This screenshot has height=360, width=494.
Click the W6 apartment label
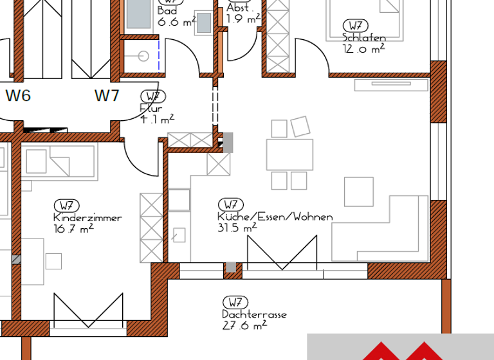coord(18,96)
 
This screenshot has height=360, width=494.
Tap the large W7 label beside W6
coord(107,96)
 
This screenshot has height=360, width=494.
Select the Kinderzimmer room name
coord(87,218)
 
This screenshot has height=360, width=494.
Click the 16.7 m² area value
coord(73,228)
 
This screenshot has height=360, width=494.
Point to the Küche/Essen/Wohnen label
coord(275,217)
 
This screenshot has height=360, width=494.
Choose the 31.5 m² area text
coord(237,227)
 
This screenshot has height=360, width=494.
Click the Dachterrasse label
coord(254,315)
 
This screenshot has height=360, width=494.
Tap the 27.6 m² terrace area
coord(244,325)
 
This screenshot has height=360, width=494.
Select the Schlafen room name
coord(364,38)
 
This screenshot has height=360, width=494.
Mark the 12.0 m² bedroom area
coord(364,48)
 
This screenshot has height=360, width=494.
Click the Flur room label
coord(151,109)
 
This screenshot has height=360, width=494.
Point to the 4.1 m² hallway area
coord(157,119)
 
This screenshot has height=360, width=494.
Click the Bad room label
coord(167,11)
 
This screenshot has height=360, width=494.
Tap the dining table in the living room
coord(289,154)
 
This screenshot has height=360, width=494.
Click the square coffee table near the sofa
coord(358,191)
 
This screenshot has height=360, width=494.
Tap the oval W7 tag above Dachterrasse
coord(235,302)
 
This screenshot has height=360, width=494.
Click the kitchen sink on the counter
coord(179,199)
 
